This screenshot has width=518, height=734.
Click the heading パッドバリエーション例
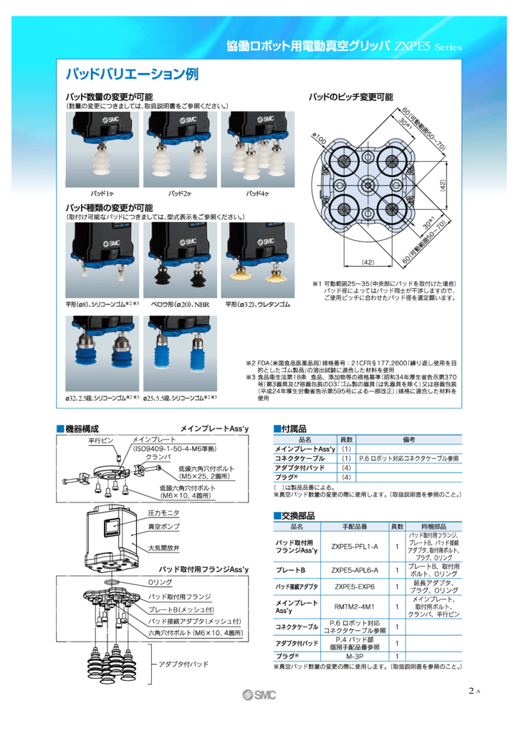pyautogui.click(x=132, y=75)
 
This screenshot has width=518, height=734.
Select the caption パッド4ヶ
pyautogui.click(x=257, y=194)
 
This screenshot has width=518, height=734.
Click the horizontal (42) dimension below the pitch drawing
pyautogui.click(x=368, y=261)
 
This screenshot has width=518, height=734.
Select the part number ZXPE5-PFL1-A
pyautogui.click(x=354, y=546)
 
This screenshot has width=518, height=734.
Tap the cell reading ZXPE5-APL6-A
pyautogui.click(x=354, y=571)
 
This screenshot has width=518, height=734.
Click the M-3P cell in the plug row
pyautogui.click(x=354, y=656)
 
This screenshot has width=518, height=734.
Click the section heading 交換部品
pyautogui.click(x=297, y=515)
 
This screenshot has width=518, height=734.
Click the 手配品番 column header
pyautogui.click(x=354, y=526)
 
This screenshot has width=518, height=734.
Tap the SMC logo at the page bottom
pyautogui.click(x=259, y=695)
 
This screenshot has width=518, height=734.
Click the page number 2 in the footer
pyautogui.click(x=471, y=691)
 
